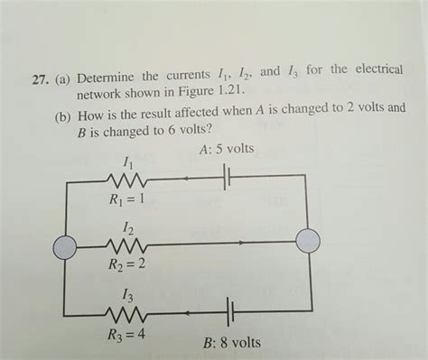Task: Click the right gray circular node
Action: pyautogui.click(x=308, y=241)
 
